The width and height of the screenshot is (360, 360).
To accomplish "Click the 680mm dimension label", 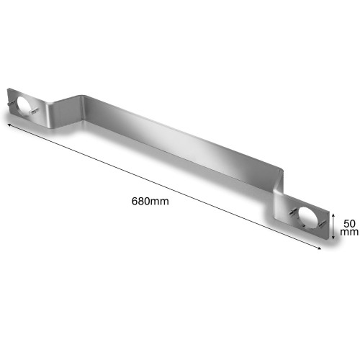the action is (x=150, y=201).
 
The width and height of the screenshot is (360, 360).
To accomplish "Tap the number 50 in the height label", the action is (x=349, y=224).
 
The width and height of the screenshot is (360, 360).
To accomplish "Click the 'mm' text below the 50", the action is (x=349, y=232).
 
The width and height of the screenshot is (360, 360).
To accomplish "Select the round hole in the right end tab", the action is (x=308, y=217).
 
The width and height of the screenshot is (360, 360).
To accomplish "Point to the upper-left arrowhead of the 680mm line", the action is (x=9, y=125).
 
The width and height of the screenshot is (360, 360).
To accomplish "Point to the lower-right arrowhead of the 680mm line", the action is (x=319, y=248).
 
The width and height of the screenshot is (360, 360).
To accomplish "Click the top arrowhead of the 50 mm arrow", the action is (x=333, y=215).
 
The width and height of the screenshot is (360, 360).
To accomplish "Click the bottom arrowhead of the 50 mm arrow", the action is (x=333, y=237).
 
